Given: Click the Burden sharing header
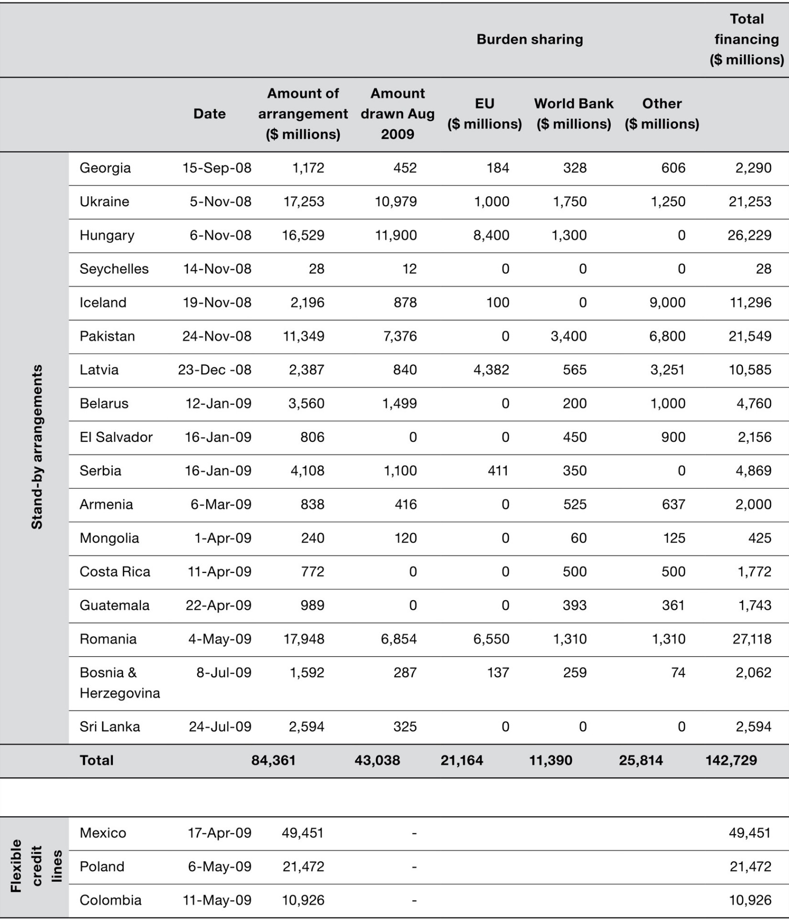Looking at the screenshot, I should tap(529, 39).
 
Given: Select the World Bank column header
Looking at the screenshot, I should tap(573, 113).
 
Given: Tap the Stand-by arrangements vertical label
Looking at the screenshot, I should tap(37, 447).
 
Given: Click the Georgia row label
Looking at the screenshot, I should tap(105, 168).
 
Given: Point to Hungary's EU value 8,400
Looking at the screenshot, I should tap(491, 235).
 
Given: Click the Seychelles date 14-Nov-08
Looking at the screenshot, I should tap(217, 269).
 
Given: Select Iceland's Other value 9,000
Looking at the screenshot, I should tap(667, 303).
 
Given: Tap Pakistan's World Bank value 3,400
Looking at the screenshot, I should tap(569, 336).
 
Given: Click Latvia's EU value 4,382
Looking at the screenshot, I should tap(491, 370).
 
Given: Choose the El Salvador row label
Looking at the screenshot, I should tap(116, 437).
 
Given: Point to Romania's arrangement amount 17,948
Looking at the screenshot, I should tap(304, 639).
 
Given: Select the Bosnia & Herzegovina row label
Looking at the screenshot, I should tap(120, 683).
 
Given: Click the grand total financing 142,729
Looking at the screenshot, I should tap(731, 761).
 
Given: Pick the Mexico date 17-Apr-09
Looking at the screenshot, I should tap(219, 833).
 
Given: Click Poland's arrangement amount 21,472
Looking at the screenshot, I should tap(303, 866).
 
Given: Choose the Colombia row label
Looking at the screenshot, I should tap(110, 900).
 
